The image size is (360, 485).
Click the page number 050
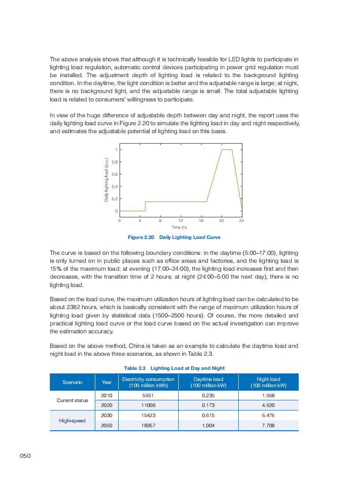tap(25, 456)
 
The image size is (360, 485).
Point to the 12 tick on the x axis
tap(181, 220)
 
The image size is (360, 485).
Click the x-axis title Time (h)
tap(180, 227)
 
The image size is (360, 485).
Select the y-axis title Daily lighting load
tap(106, 180)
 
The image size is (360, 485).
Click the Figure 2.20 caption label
tap(141, 237)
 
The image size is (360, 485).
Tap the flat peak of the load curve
tap(226, 150)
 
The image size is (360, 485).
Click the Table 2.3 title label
tap(135, 368)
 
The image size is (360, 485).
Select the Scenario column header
tap(72, 382)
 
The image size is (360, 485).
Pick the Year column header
tap(107, 382)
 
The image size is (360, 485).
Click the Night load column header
tap(268, 382)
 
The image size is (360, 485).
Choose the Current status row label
tap(72, 400)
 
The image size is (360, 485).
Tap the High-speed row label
tap(72, 421)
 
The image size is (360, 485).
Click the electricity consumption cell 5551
tap(148, 395)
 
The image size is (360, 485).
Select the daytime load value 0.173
tap(208, 405)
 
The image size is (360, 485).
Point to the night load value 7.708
tap(268, 425)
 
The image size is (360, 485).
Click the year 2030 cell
tap(107, 415)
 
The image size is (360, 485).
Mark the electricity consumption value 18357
tap(148, 425)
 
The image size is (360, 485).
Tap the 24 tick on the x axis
tap(241, 220)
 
